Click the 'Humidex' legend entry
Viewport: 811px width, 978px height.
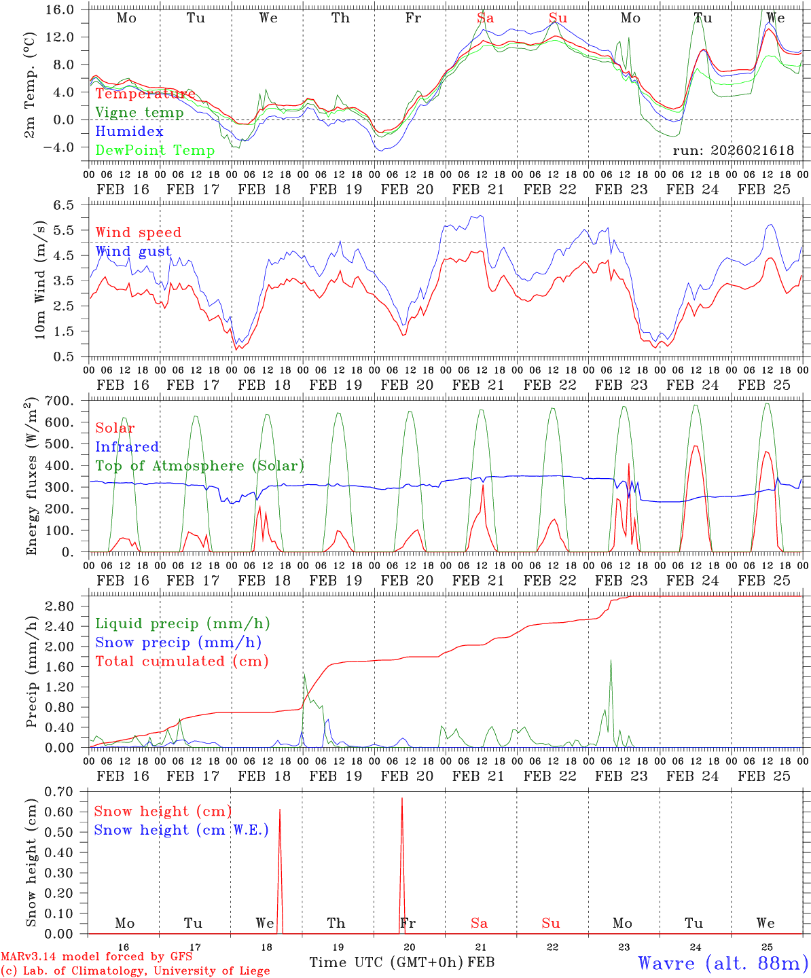point(129,132)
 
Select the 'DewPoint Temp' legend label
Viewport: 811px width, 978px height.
point(155,151)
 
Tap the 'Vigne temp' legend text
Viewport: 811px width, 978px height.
point(139,113)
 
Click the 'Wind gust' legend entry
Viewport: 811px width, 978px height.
point(133,251)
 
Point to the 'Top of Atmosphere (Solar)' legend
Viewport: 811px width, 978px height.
point(200,466)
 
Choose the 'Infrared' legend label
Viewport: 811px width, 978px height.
point(127,447)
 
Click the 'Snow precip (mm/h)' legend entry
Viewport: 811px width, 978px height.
point(179,642)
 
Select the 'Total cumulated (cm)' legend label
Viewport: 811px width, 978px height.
point(182,662)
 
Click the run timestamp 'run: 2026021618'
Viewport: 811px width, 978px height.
point(733,151)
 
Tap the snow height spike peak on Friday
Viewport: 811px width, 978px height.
point(402,799)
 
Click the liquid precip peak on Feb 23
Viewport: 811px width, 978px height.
point(611,660)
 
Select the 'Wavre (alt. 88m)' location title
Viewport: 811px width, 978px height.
point(723,963)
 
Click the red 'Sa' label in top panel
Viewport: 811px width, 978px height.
point(485,18)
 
